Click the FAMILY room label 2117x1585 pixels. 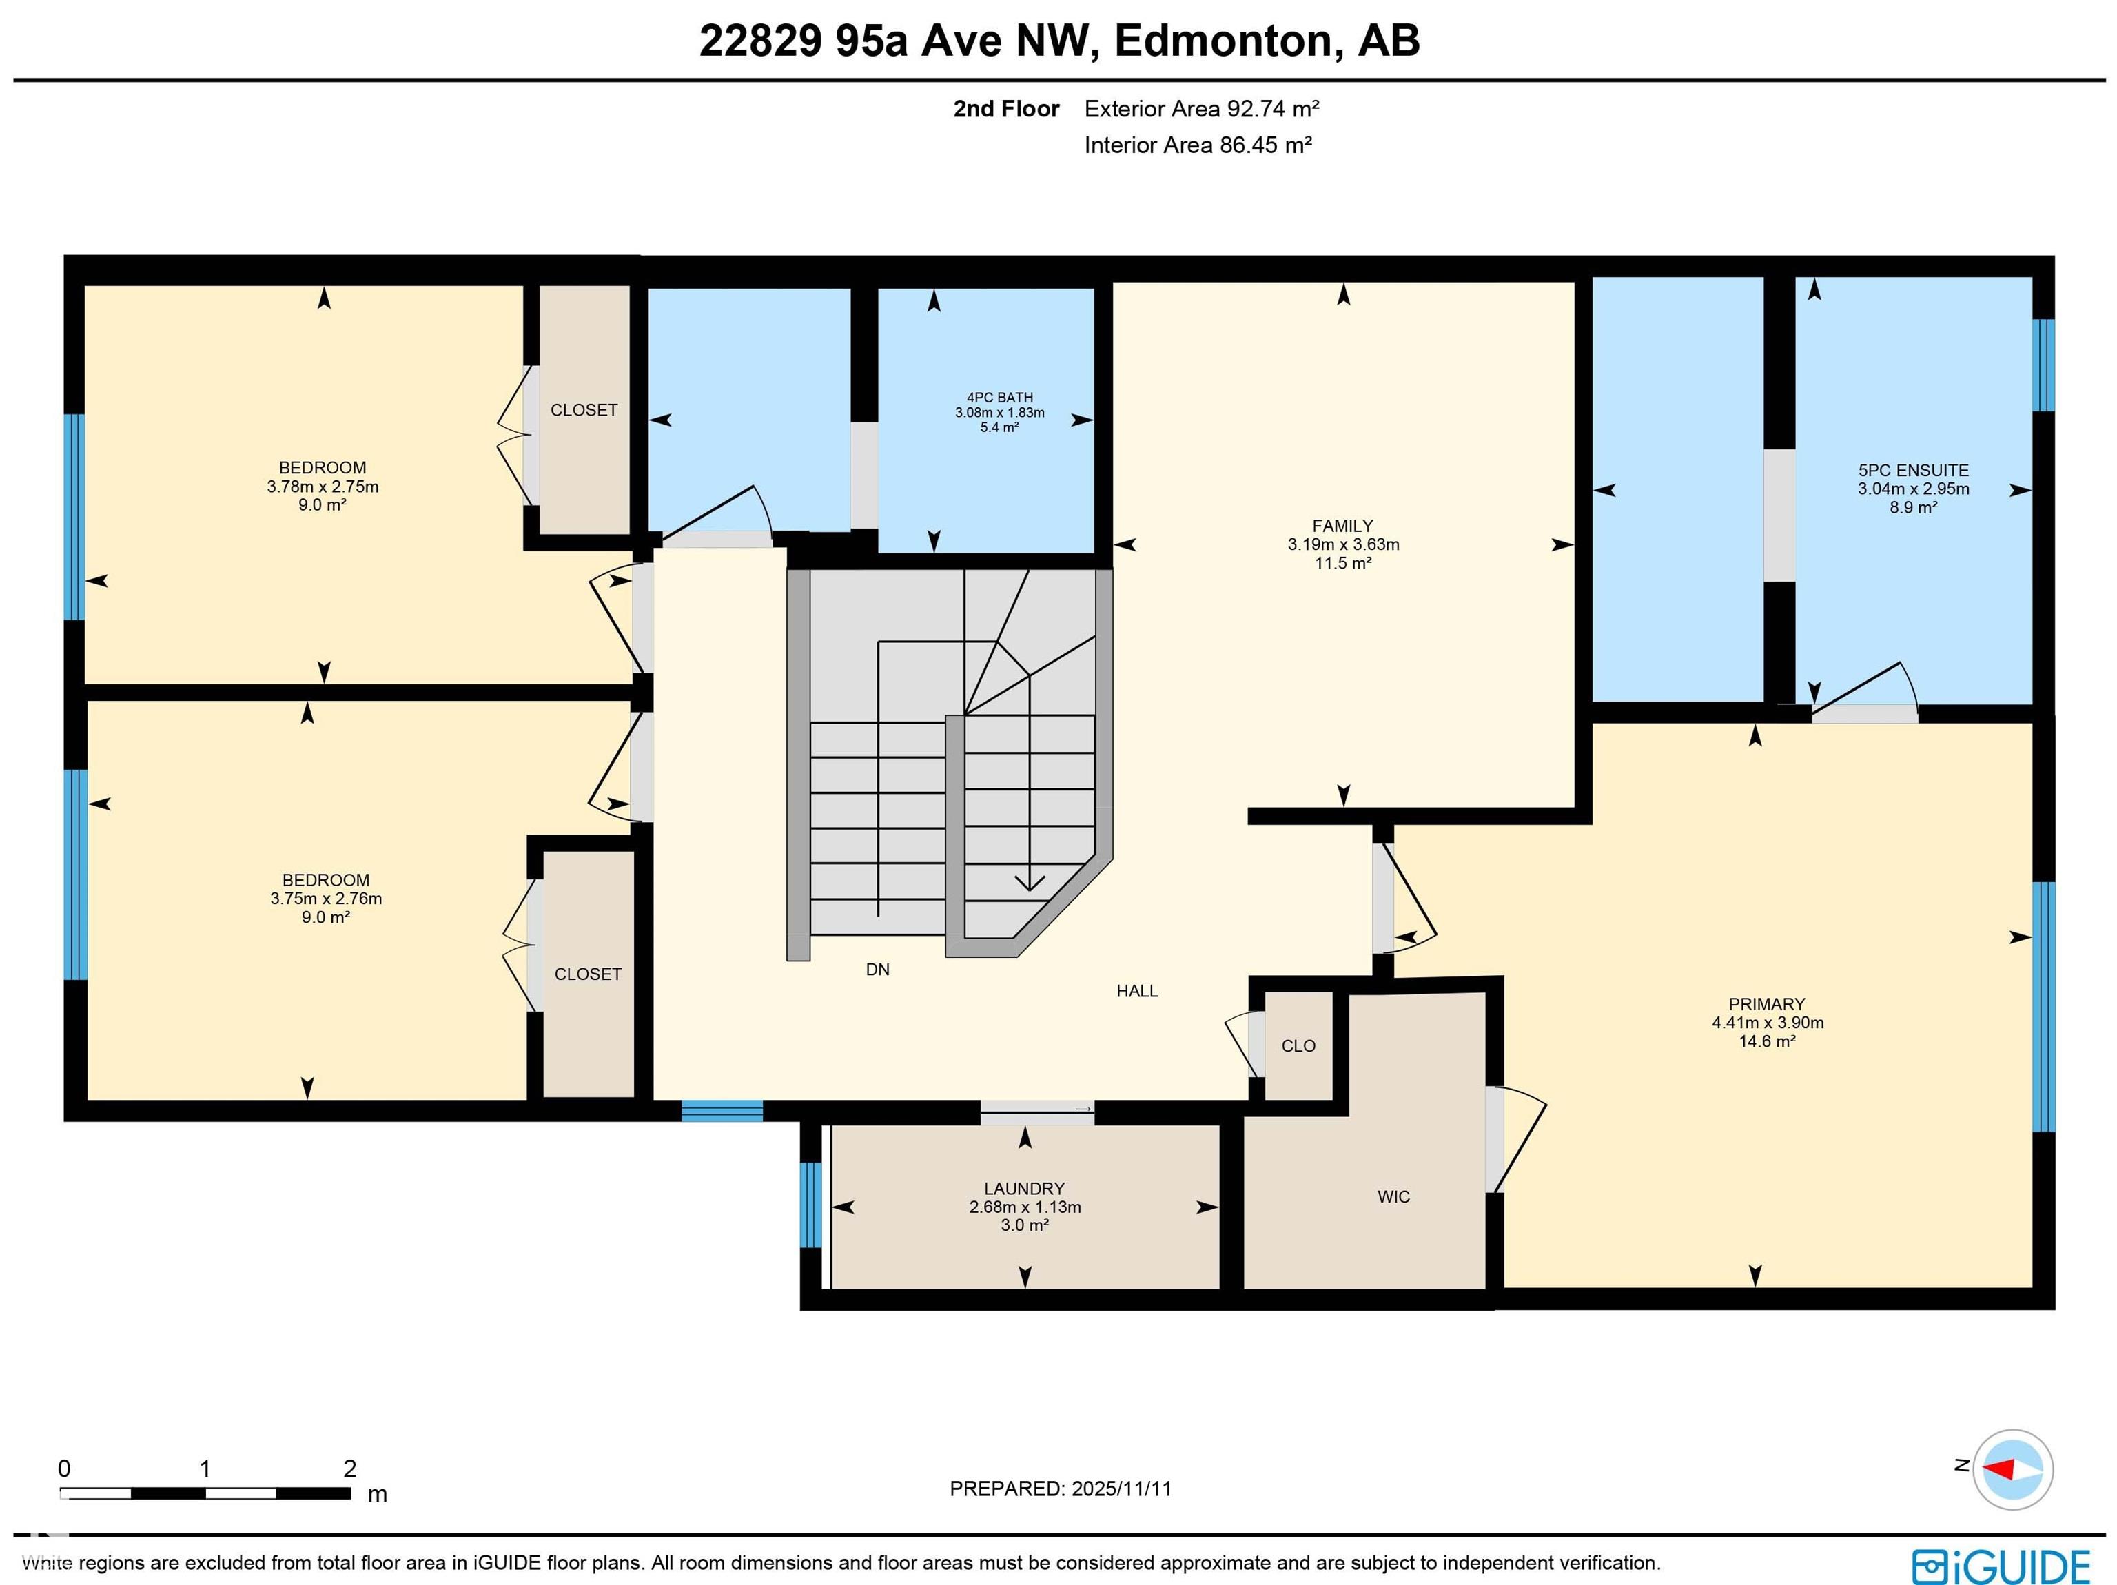[1342, 525]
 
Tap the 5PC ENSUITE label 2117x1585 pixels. [1913, 470]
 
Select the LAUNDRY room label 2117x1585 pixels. [1024, 1188]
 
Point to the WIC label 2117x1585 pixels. [1393, 1196]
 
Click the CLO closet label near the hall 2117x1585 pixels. [1298, 1045]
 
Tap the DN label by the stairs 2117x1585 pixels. [878, 969]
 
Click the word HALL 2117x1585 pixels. [1137, 991]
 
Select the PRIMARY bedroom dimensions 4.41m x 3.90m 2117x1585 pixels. [1767, 1022]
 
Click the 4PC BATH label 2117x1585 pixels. [999, 397]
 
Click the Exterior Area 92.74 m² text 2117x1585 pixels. [1201, 108]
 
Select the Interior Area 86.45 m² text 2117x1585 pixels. [1197, 145]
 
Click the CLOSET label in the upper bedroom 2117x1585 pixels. [584, 409]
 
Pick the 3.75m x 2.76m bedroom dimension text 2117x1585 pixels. [325, 898]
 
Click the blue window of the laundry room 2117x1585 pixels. [810, 1205]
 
